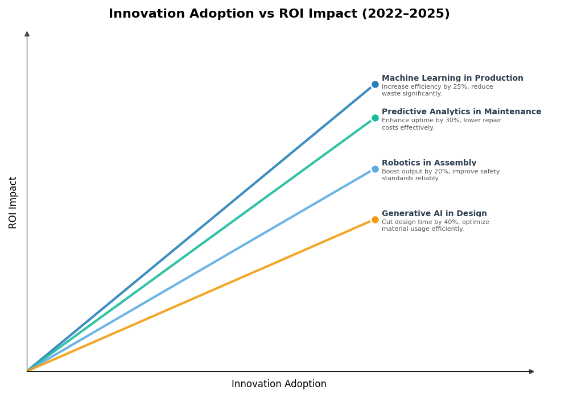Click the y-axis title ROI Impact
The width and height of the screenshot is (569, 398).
(13, 202)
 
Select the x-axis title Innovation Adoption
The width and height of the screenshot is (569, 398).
(279, 384)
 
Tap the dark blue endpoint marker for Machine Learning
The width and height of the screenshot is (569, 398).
(375, 85)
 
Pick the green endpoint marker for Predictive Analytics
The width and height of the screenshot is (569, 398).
(375, 118)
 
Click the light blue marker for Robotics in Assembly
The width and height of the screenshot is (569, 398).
(375, 169)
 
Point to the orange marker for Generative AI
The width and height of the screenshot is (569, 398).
(375, 220)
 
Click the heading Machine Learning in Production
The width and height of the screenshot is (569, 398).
(452, 78)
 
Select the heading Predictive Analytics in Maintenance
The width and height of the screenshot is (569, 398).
(461, 112)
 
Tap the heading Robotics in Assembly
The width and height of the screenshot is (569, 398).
(429, 163)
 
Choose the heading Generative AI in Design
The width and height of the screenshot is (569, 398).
(434, 214)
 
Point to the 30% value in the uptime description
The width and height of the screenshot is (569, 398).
(452, 121)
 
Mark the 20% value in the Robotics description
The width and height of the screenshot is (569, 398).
(444, 172)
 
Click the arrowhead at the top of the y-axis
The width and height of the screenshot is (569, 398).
(27, 34)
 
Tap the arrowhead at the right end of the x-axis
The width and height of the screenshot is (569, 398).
(531, 371)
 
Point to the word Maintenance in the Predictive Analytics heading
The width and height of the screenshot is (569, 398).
(513, 112)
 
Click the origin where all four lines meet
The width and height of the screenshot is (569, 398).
(27, 371)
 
